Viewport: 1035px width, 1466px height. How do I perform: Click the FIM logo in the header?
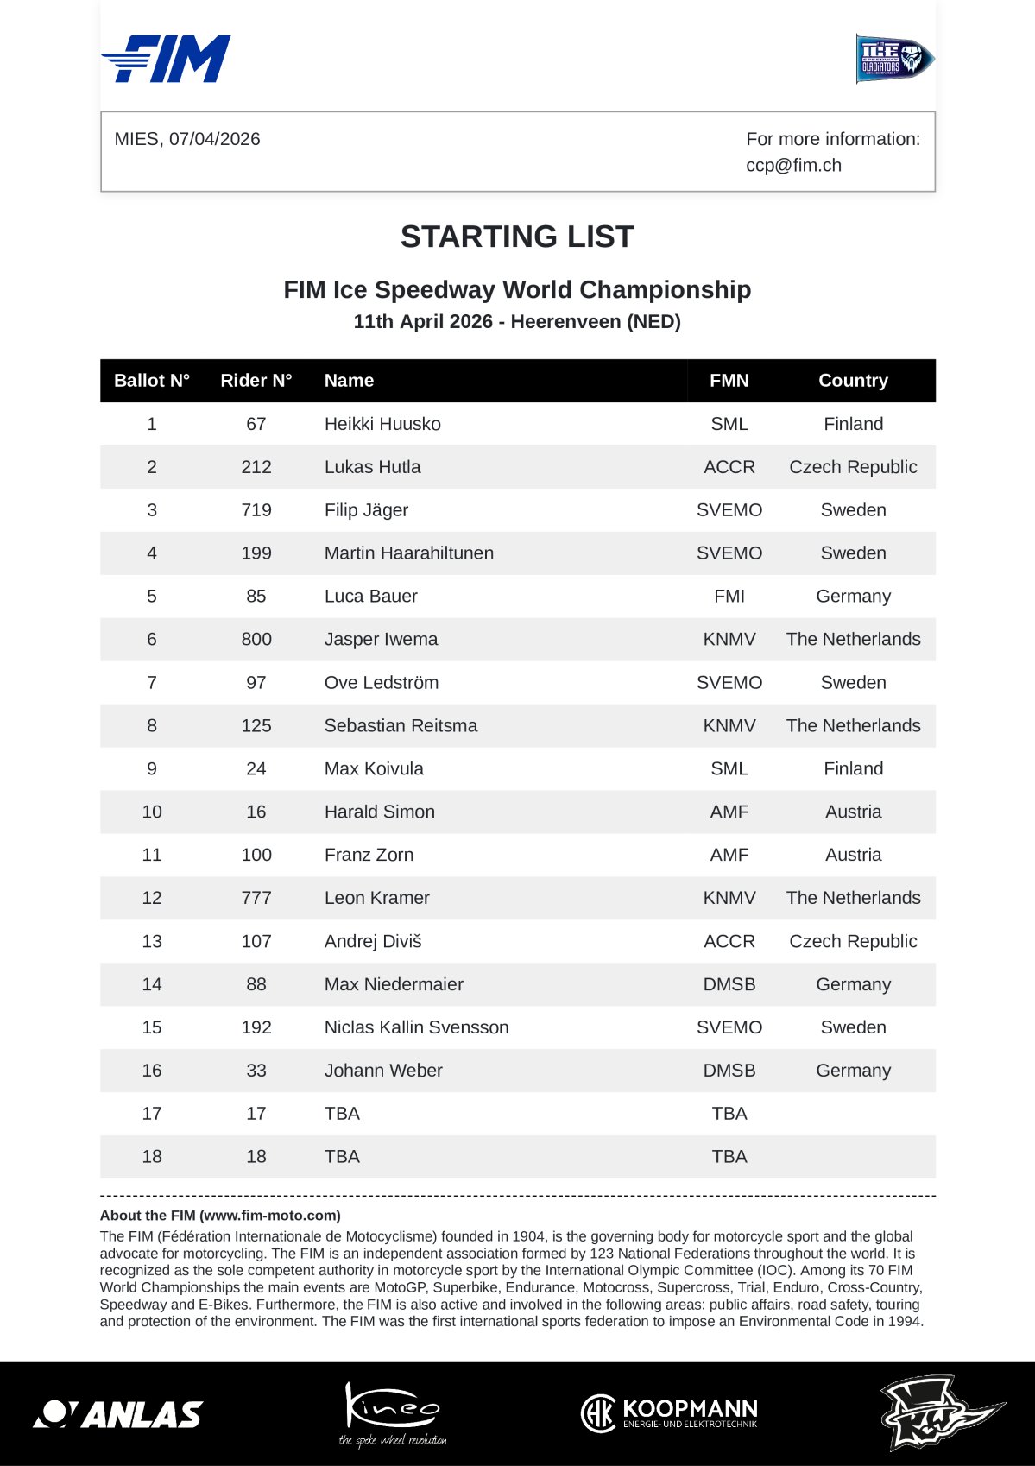coord(167,59)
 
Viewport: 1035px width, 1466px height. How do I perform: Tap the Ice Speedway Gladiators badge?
coord(894,59)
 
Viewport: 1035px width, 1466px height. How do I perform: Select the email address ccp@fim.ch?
coord(793,165)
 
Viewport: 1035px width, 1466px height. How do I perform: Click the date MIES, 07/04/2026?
coord(187,139)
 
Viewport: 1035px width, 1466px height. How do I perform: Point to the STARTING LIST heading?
coord(517,237)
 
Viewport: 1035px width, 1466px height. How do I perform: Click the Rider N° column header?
coord(256,381)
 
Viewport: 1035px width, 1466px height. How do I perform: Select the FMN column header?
coord(729,381)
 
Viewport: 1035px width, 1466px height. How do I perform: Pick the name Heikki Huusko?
coord(382,424)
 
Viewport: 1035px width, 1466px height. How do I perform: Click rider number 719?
coord(256,510)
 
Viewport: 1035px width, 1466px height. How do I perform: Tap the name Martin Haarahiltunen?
coord(408,553)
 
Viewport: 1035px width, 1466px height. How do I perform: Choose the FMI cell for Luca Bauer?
coord(729,597)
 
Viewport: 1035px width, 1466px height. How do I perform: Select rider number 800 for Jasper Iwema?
coord(256,640)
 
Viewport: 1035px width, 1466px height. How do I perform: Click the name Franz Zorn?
coord(369,855)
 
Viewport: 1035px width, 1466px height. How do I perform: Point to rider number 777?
coord(256,898)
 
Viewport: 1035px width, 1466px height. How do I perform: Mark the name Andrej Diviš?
coord(373,941)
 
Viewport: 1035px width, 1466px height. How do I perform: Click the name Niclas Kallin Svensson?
coord(416,1027)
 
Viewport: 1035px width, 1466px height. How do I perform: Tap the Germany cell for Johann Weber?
coord(853,1071)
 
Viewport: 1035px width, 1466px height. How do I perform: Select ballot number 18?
coord(152,1157)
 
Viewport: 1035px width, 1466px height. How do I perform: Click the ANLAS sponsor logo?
coord(118,1413)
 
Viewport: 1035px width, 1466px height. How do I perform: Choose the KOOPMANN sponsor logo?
coord(669,1413)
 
